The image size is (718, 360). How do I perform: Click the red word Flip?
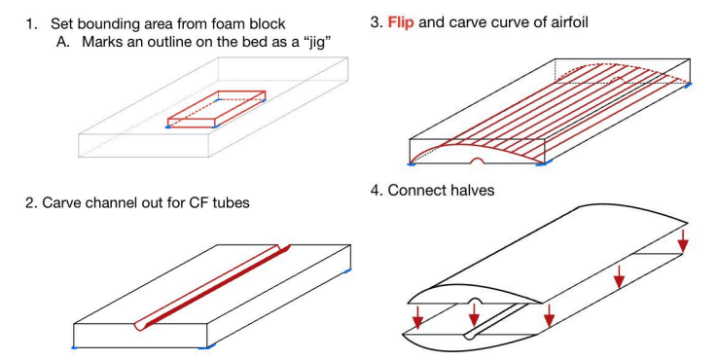[401, 22]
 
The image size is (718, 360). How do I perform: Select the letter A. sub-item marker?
[63, 42]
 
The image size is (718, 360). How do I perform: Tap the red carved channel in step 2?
[212, 287]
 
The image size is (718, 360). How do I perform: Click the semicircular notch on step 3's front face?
[478, 162]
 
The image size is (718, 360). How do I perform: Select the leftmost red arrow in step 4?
[417, 317]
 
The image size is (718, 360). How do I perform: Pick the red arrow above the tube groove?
[474, 314]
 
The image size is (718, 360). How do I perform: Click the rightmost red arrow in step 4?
[683, 240]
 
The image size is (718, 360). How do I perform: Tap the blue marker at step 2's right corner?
[347, 271]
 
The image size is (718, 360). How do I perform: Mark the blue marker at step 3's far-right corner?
[688, 85]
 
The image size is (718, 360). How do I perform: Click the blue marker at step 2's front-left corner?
[75, 348]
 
